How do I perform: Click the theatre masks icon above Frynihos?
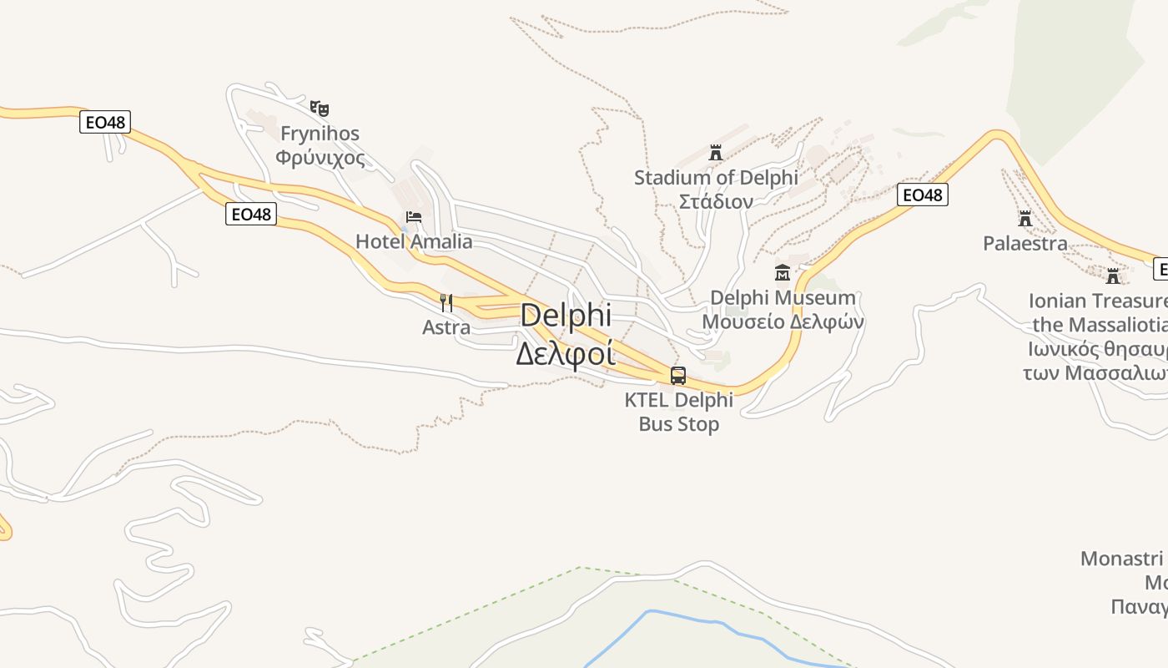(x=320, y=109)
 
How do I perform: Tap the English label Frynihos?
(x=320, y=134)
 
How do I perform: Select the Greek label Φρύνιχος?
(x=320, y=158)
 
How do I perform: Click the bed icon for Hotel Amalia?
(x=413, y=218)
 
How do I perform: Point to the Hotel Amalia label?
(x=414, y=242)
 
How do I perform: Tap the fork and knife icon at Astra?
(x=446, y=302)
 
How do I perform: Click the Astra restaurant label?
(x=446, y=327)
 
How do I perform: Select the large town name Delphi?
(x=566, y=316)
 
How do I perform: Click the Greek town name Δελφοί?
(x=565, y=353)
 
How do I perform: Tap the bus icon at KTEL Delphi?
(x=678, y=376)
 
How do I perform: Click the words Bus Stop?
(x=678, y=424)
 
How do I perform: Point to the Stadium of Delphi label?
(x=716, y=178)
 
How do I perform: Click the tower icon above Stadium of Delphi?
(x=715, y=153)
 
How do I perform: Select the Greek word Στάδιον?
(x=716, y=201)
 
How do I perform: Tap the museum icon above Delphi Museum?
(x=783, y=273)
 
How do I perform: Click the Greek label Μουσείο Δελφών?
(x=783, y=322)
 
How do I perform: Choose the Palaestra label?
(x=1025, y=244)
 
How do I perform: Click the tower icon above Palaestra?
(x=1025, y=219)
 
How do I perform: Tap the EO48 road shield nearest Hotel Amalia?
(x=251, y=215)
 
